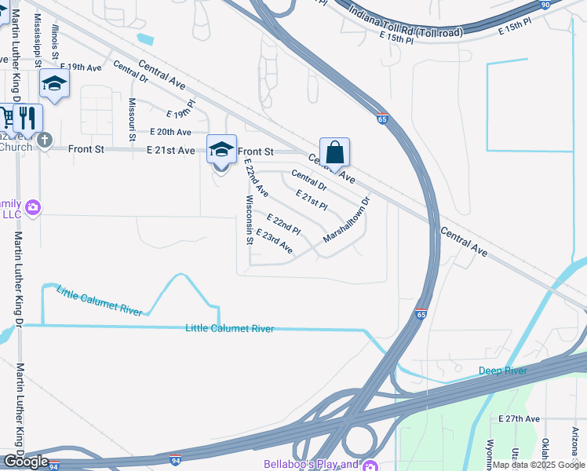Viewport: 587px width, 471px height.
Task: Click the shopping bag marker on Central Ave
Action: point(334,152)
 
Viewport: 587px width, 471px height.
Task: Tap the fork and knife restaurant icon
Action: point(27,119)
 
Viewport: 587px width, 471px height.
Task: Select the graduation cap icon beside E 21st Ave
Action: point(221,149)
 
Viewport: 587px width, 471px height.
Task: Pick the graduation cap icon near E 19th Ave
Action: point(54,84)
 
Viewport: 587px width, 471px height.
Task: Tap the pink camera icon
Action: point(33,207)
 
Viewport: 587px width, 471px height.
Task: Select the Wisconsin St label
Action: point(250,220)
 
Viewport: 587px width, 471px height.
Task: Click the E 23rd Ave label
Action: point(274,242)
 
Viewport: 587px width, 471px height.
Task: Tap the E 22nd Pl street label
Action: point(283,224)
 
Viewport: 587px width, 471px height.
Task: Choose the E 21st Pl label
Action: point(311,199)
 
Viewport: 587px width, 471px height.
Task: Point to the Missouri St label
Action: point(132,115)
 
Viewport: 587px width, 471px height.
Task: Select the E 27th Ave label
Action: point(520,419)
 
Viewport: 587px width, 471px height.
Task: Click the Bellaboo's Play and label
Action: point(311,464)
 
